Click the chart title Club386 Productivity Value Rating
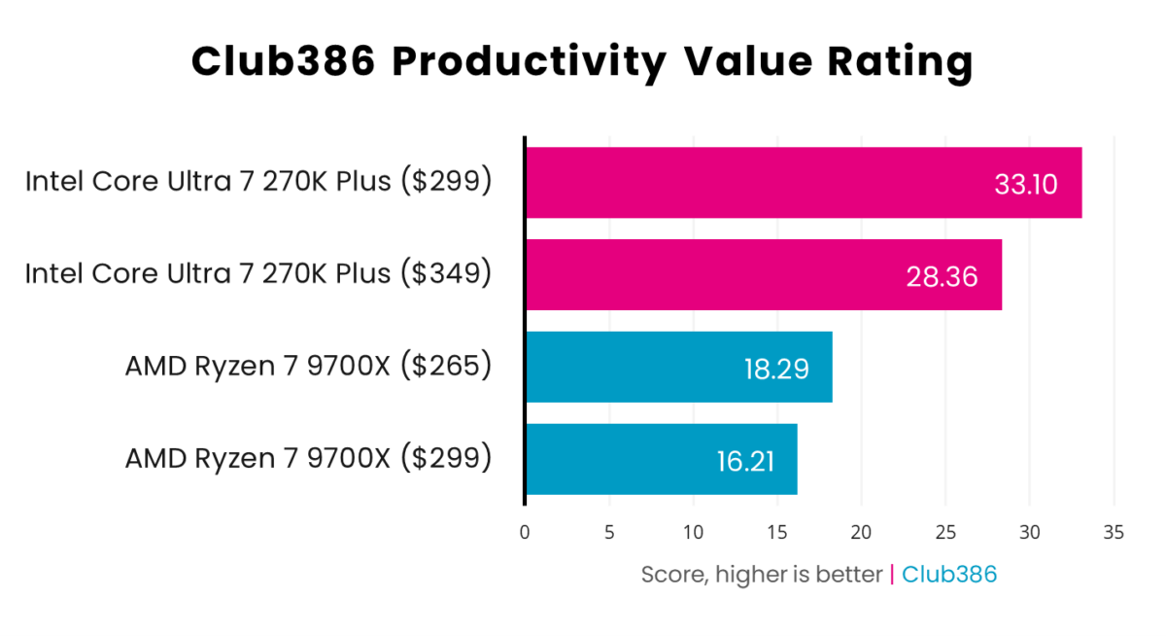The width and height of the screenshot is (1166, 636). pos(582,62)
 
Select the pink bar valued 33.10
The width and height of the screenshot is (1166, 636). pos(758,183)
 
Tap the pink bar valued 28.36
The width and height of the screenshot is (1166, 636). pos(719,275)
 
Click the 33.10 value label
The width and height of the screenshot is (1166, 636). pos(1024,184)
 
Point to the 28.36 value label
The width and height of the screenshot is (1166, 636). pos(941,276)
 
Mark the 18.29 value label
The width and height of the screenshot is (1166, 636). pos(775,369)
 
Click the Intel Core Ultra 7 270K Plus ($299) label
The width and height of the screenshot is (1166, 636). pos(258,182)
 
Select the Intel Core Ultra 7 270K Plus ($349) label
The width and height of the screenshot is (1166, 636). pos(258,274)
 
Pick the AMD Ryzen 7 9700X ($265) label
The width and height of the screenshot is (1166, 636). pos(308,367)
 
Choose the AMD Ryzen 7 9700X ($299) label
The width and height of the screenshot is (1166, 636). pos(308,458)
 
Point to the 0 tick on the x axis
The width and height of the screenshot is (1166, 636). pos(525,532)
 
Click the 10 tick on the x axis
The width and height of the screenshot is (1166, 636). pos(693,532)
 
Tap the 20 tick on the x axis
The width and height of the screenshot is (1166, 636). pos(861,532)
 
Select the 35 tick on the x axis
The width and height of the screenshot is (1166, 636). pos(1114,532)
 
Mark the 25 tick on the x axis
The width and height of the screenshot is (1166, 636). pos(945,532)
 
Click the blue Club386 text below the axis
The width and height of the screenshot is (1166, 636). pos(949,575)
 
